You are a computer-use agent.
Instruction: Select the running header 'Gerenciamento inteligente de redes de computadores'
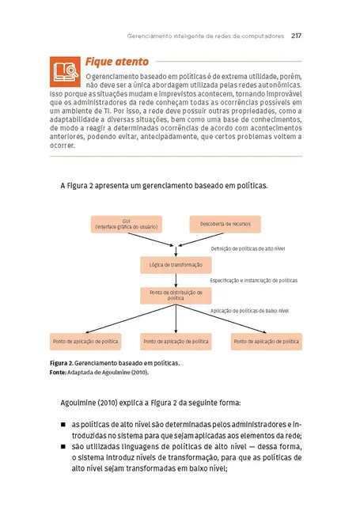[206, 36]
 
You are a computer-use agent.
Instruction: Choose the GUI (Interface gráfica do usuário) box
[127, 224]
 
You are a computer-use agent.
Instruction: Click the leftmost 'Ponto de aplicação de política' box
[85, 342]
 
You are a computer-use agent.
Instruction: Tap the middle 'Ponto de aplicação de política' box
[176, 342]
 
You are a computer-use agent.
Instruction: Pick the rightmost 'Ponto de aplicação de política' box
[266, 342]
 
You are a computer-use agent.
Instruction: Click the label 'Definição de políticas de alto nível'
[248, 248]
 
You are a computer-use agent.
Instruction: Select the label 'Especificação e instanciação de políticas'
[254, 280]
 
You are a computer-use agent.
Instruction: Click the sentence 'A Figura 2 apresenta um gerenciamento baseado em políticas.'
[164, 186]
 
